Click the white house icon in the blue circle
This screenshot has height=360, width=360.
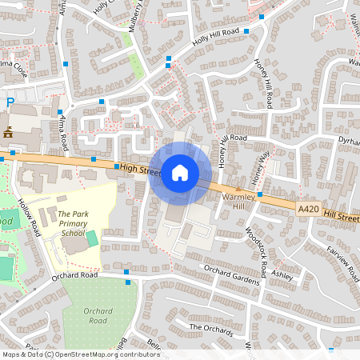pos(179,172)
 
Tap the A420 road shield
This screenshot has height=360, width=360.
pos(308,210)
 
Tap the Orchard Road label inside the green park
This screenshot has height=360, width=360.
pos(98,316)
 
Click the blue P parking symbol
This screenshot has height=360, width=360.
pos(10,102)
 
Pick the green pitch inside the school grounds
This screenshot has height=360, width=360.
pos(92,238)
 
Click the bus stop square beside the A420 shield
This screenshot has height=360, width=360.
pos(260,194)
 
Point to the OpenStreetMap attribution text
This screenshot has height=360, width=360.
pos(81,354)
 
